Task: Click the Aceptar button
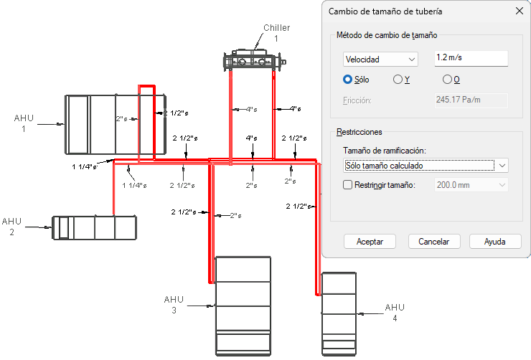[370, 242]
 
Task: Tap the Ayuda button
[494, 242]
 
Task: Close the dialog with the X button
[519, 11]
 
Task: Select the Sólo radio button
[348, 80]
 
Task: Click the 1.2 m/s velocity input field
[471, 59]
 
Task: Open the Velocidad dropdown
[379, 60]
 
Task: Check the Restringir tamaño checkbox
[348, 186]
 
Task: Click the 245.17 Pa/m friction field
[471, 100]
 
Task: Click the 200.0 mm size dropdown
[471, 186]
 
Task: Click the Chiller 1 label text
[276, 33]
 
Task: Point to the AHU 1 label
[24, 123]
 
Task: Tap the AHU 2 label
[11, 227]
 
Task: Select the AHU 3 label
[174, 305]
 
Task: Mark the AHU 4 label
[395, 312]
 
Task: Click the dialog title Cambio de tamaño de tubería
[385, 11]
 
